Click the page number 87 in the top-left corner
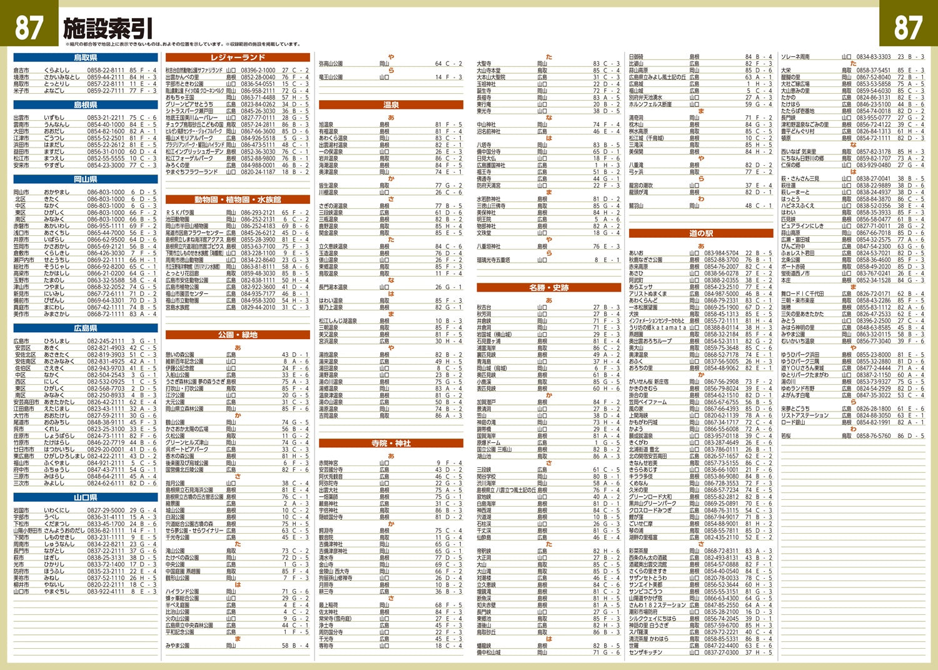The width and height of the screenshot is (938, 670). point(29,27)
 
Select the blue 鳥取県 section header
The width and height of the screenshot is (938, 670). point(86,58)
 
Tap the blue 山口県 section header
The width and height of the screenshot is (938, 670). point(86,497)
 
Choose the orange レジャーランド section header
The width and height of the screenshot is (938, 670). point(238,58)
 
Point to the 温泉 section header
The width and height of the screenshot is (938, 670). point(391,104)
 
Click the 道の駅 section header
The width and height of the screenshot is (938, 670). point(701,233)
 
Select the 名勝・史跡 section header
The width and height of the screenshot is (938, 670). point(549,287)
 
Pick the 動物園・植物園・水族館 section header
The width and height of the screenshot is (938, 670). point(238,200)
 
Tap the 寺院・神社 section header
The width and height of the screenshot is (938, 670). point(391,443)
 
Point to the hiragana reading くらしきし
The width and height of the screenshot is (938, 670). point(58,253)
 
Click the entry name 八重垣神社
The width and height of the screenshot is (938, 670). point(489,246)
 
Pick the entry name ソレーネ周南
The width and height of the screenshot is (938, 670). point(795,57)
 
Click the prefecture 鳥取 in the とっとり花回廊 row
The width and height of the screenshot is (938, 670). point(231,273)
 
